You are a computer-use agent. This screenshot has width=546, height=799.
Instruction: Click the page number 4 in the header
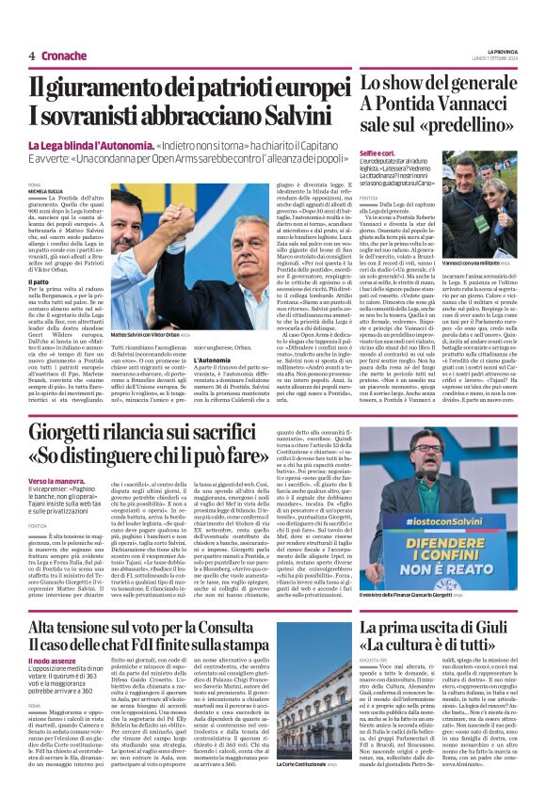coord(31,56)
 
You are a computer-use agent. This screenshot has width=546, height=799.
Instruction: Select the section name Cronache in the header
coord(64,56)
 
